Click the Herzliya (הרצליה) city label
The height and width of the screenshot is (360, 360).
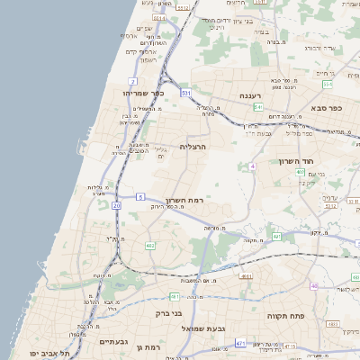(x=193, y=146)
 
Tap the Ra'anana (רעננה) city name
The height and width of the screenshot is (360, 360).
(x=249, y=95)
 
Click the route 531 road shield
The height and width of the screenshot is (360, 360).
(x=186, y=93)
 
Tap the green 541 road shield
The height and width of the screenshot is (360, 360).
(x=257, y=108)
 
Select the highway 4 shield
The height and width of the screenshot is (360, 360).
(x=253, y=166)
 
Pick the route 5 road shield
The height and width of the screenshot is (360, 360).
(x=140, y=195)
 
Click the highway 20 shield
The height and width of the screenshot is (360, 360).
(x=117, y=205)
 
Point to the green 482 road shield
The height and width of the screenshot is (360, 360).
(x=150, y=246)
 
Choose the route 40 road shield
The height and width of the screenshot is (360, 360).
(x=314, y=286)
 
